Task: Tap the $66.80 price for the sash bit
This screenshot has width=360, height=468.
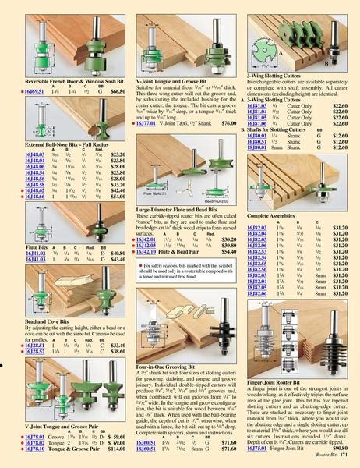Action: pos(114,91)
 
